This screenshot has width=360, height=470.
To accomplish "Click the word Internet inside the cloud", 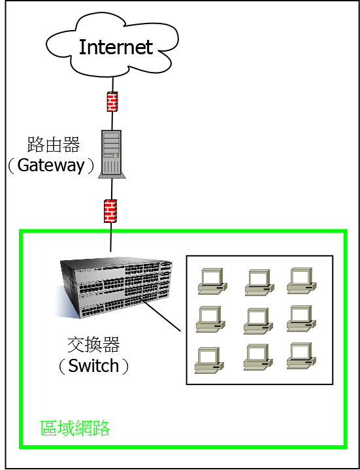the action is tap(116, 47).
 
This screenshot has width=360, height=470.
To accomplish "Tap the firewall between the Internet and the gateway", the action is tap(112, 101).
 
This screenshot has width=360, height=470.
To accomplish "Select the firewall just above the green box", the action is tap(110, 211).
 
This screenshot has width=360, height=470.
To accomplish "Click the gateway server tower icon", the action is tap(112, 154).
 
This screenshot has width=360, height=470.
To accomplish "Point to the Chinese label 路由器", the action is tap(54, 144).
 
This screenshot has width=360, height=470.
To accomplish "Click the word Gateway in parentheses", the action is tap(51, 165).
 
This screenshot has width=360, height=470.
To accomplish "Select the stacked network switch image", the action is tap(113, 287).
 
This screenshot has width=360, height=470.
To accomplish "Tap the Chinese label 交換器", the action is tap(93, 344).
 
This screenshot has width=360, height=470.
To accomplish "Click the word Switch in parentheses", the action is tap(93, 365).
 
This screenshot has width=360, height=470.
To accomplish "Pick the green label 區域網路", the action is tap(75, 428).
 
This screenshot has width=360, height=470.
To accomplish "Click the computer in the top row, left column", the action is tap(212, 281).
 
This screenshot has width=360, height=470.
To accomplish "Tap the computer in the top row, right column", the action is tap(302, 280).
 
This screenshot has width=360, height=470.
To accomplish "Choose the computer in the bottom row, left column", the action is tap(209, 360).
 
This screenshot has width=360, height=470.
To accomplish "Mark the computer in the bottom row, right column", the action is tap(302, 356).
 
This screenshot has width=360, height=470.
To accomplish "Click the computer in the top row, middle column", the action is tap(259, 282).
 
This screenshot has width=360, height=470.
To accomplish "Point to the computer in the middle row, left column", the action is tap(210, 319).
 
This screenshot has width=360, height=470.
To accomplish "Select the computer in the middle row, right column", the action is tap(301, 318).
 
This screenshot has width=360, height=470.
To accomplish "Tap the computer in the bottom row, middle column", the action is tap(258, 357).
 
